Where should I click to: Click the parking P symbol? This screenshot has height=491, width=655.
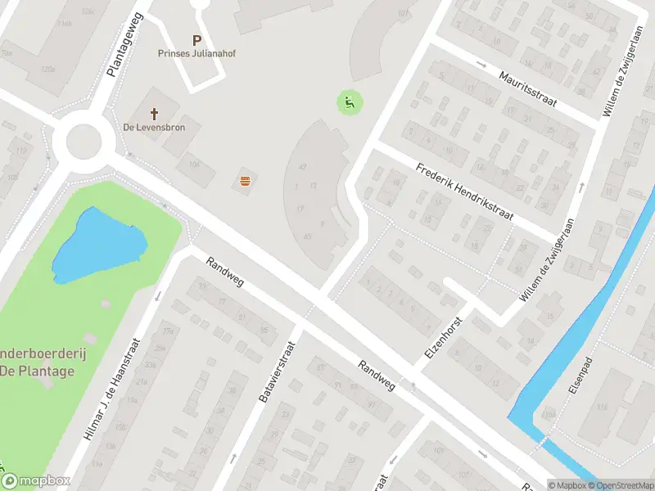[196, 39]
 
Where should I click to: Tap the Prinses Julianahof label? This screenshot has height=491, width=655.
[196, 54]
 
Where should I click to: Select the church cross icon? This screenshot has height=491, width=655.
[153, 113]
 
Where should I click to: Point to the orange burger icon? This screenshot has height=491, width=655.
[244, 181]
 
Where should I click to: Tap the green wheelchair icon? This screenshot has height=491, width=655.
[350, 102]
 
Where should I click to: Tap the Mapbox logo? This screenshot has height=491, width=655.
[36, 481]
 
